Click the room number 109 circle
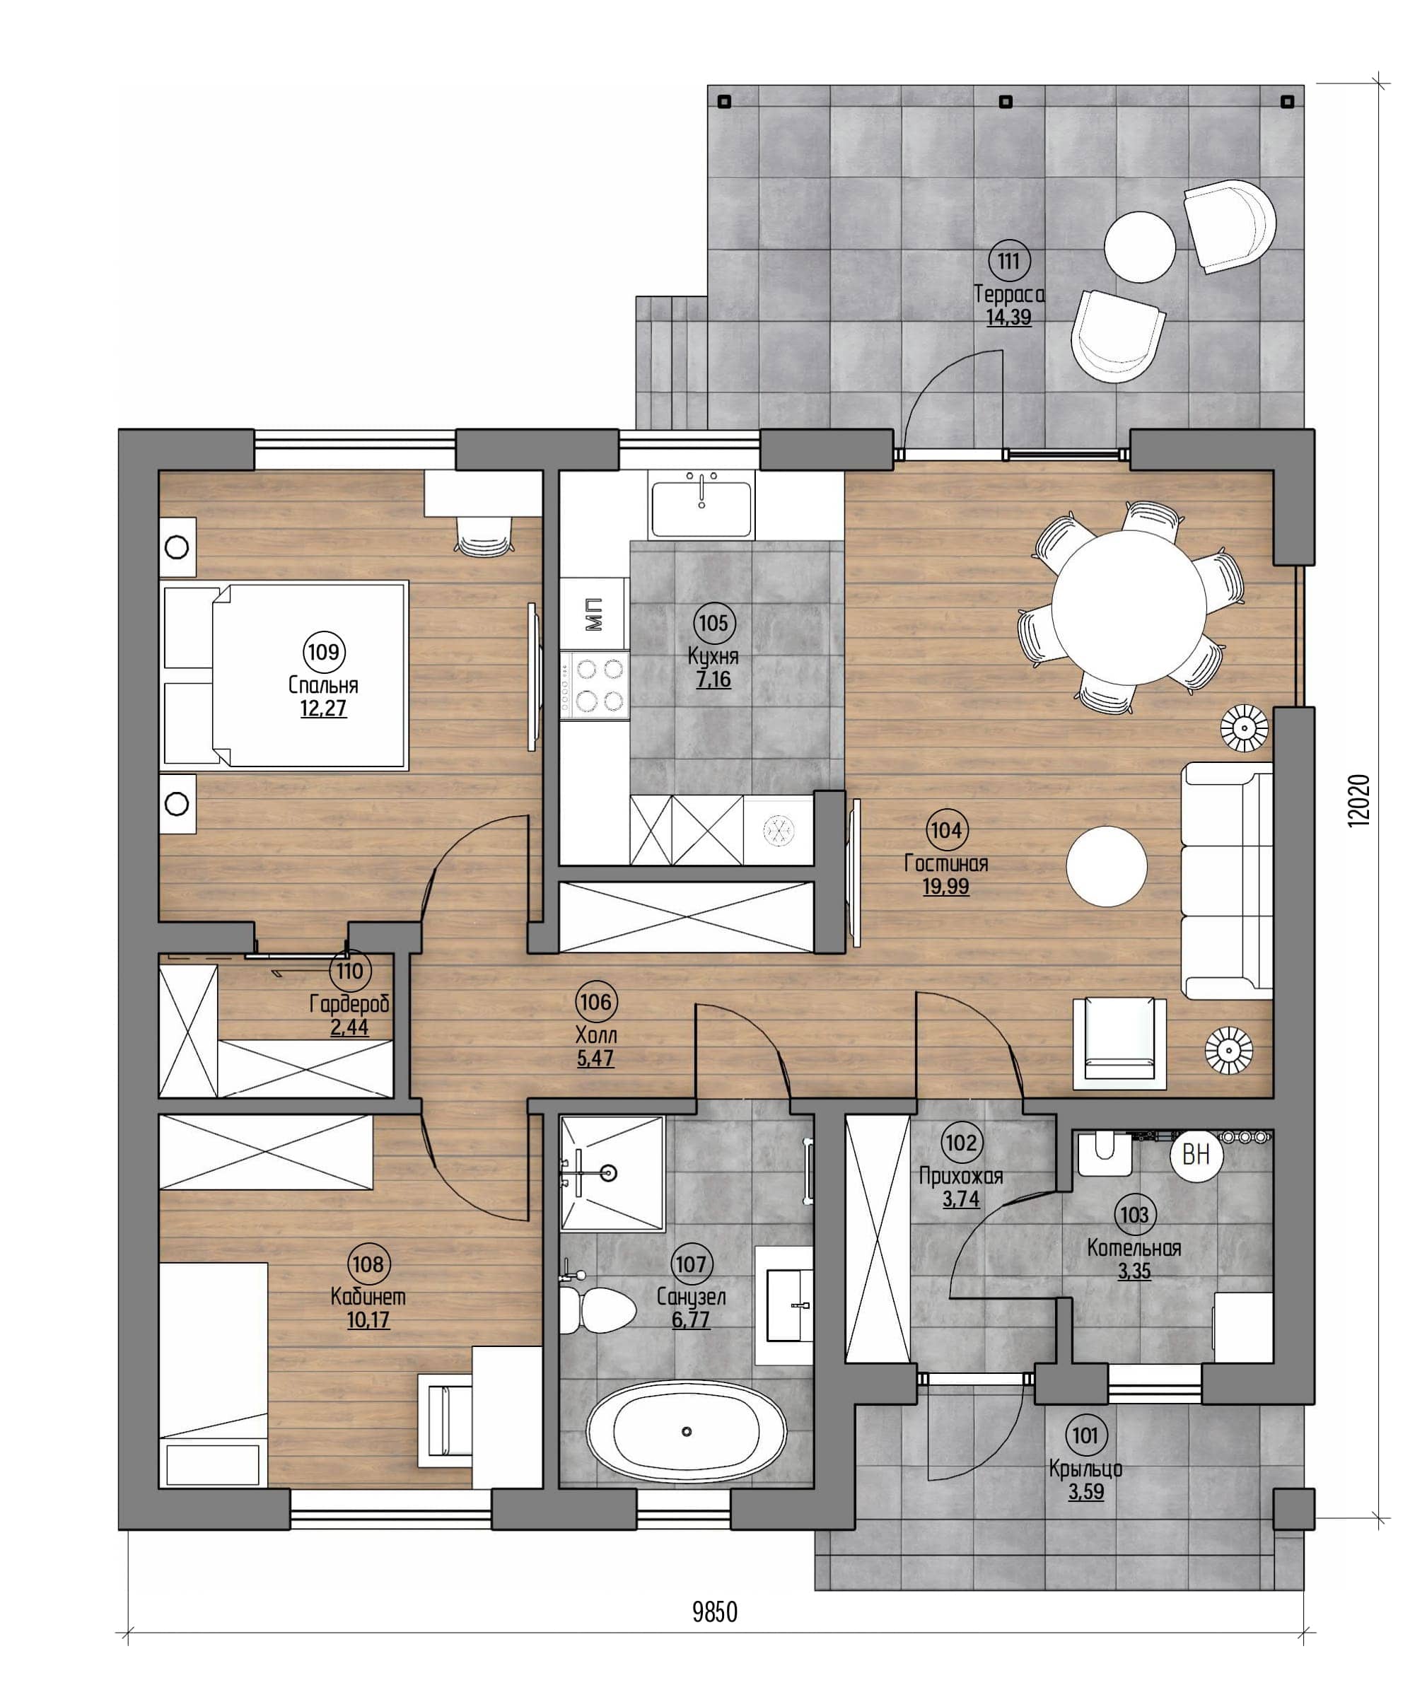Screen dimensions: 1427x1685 pos(324,651)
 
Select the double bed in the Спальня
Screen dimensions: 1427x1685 pos(283,675)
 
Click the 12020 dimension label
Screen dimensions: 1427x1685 pos(1359,801)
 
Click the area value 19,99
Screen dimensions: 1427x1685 pos(945,887)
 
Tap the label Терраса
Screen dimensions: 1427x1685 pos(1009,293)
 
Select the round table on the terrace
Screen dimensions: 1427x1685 pos(1140,247)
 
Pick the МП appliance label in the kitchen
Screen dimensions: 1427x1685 pos(594,614)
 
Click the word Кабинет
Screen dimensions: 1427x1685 pos(368,1297)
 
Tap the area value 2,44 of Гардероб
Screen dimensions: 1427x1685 pos(350,1028)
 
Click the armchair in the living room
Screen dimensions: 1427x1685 pos(1119,1044)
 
